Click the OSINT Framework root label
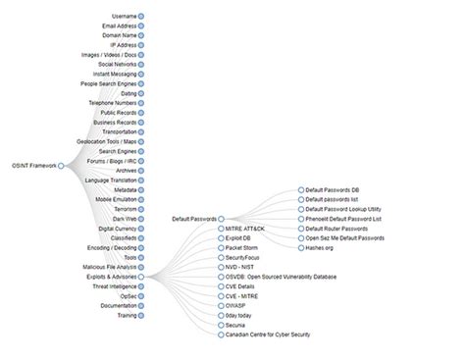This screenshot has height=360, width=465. (x=32, y=165)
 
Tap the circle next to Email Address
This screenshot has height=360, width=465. (x=141, y=26)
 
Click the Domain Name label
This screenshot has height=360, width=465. (x=119, y=35)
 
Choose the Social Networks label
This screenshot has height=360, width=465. (x=117, y=65)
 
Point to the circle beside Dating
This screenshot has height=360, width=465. (x=141, y=93)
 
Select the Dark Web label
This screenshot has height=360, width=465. (x=124, y=218)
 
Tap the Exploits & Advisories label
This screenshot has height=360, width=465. (x=109, y=277)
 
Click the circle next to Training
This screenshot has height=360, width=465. (x=141, y=316)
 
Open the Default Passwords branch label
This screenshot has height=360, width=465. (x=193, y=219)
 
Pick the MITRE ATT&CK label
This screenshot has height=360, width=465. (x=245, y=229)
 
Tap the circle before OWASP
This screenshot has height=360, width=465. (x=221, y=306)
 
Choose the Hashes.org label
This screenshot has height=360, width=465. (x=323, y=247)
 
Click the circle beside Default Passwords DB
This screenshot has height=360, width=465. (x=300, y=189)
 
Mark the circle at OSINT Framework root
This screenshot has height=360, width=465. (x=61, y=165)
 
